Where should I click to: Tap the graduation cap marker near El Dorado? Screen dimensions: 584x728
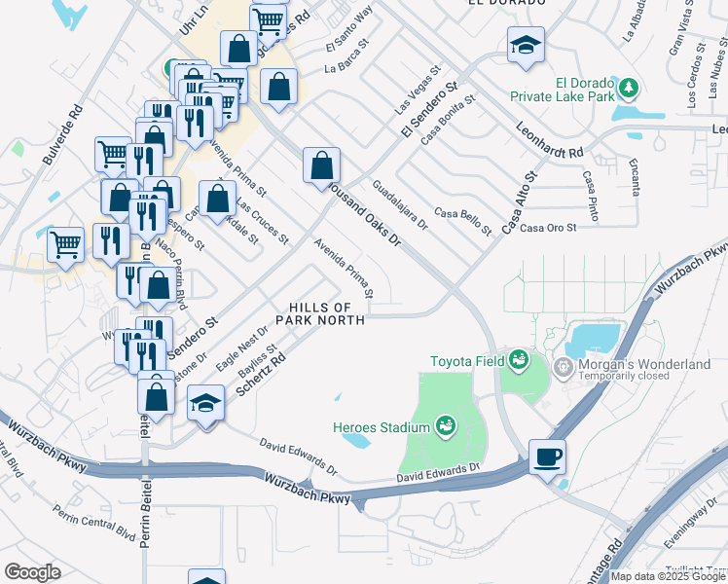pos(526,45)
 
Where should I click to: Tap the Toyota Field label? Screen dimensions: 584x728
pos(468,361)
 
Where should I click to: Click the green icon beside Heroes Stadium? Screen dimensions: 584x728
pos(446,426)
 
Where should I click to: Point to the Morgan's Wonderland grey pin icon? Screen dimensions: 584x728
pos(562,367)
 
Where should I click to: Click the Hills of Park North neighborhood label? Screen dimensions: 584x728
pos(320,313)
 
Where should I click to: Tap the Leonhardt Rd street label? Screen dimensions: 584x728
pos(550,140)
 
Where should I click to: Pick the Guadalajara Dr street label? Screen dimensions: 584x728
pos(399,203)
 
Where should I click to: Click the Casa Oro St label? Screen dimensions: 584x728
pos(549,228)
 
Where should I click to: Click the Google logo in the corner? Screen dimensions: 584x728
pos(32,572)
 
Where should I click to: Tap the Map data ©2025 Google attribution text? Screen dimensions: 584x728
pos(669,576)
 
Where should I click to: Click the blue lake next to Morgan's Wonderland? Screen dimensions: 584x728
pos(594,338)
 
